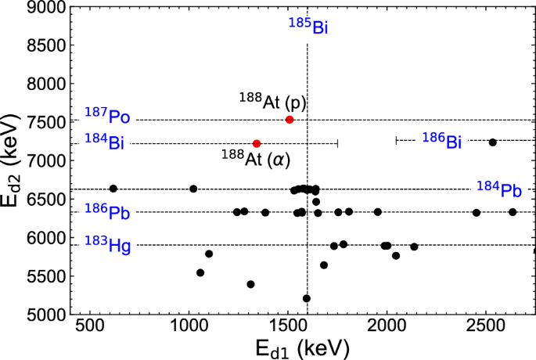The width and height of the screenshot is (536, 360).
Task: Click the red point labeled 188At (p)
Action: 290,119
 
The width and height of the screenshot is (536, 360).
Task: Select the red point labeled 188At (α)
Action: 257,143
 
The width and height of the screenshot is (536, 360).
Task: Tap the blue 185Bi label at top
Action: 308,26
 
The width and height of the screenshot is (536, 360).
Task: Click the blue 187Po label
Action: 107,117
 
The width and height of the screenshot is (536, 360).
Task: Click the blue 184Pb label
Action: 498,188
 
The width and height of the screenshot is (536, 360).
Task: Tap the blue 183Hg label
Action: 107,245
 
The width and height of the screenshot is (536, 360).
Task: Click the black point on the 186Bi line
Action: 492,142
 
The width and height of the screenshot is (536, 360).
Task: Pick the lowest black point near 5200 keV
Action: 307,298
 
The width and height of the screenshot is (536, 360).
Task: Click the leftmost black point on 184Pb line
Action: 113,189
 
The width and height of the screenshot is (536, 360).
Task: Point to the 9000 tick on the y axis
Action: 49,7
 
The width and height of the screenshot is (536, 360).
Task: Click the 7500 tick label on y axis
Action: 49,121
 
